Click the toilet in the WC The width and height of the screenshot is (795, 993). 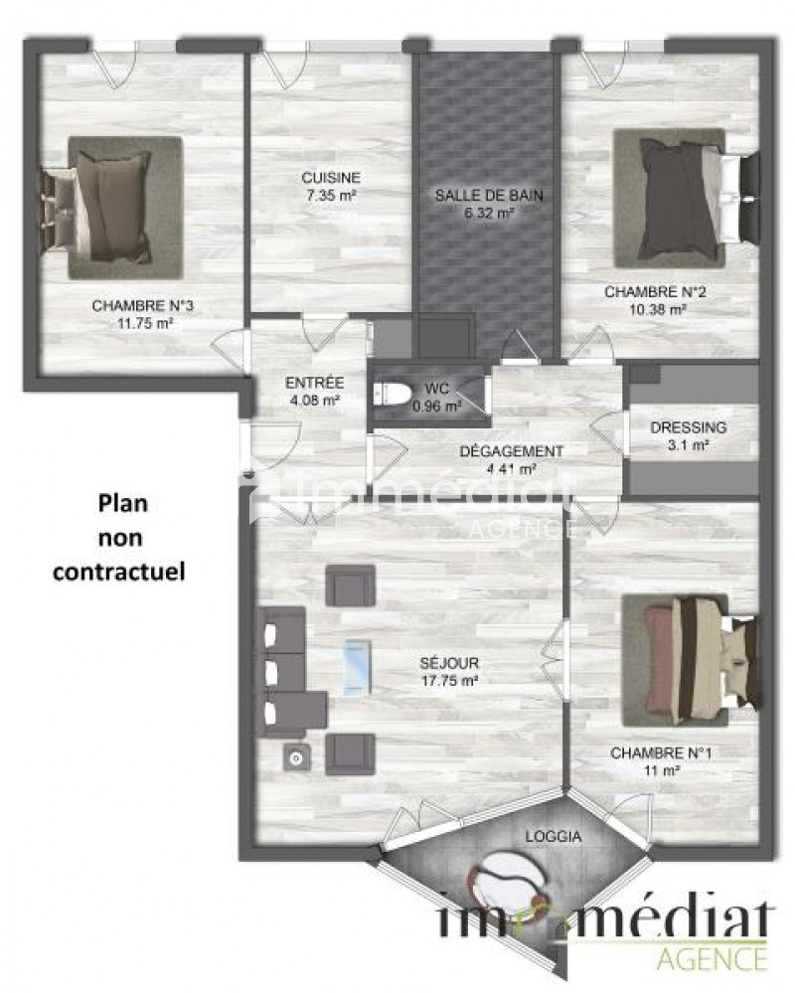tap(393, 394)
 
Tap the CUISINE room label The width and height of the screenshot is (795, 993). tap(331, 178)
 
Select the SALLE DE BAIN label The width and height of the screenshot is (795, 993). tap(489, 196)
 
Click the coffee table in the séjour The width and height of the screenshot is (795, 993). tap(357, 668)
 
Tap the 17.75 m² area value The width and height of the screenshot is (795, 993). tap(449, 682)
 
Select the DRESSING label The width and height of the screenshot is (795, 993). tap(688, 427)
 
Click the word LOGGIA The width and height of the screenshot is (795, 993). tap(554, 837)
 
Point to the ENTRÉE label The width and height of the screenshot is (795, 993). tap(315, 383)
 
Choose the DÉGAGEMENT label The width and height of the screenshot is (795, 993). tap(511, 451)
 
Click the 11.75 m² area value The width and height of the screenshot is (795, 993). tap(145, 324)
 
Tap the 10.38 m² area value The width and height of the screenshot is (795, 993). tap(658, 310)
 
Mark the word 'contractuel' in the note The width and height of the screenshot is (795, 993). tap(119, 572)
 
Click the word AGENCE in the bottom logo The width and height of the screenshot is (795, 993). tap(713, 958)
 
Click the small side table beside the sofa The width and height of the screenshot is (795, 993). tap(297, 756)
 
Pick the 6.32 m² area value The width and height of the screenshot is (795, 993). tap(489, 214)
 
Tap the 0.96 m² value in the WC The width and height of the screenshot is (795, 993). tap(436, 406)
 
